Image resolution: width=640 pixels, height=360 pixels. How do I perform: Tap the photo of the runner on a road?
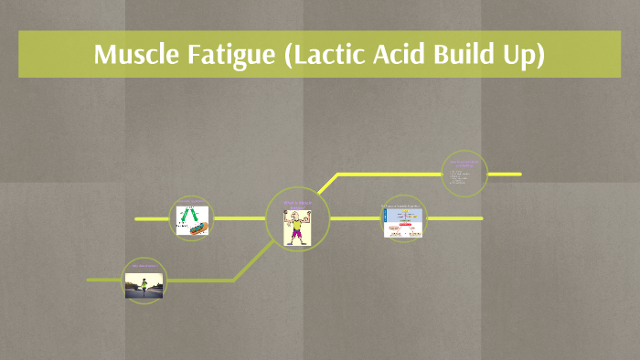coord(145,284)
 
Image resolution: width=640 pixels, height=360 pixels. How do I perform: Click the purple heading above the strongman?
coord(298,202)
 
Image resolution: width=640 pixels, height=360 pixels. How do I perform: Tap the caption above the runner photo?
coord(145,266)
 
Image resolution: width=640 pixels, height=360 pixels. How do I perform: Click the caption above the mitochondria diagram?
coord(193,202)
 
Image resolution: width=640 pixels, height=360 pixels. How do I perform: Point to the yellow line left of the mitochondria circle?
coord(153,219)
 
